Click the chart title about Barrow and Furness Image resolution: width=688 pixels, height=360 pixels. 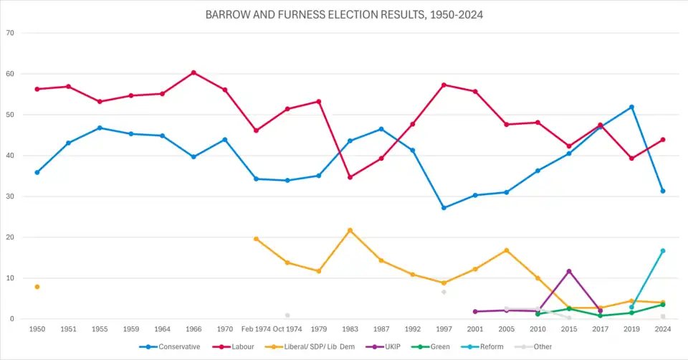[343, 14]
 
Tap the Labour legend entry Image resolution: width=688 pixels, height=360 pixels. [239, 346]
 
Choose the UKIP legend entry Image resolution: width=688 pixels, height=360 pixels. [389, 346]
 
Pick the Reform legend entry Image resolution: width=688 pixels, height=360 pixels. [489, 346]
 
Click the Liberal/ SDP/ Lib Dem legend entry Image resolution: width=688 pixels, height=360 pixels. [313, 346]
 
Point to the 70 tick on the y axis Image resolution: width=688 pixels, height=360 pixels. [10, 33]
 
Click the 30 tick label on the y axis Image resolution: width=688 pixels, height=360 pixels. [10, 196]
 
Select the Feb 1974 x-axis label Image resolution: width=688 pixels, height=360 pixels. [256, 329]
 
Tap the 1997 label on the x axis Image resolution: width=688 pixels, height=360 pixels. [444, 329]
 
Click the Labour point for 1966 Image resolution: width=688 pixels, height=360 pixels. [193, 72]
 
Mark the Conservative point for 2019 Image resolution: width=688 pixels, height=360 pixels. [631, 107]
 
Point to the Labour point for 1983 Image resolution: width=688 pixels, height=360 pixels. [350, 177]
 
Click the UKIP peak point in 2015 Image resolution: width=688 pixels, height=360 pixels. [569, 271]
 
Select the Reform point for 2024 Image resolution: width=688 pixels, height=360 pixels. [663, 251]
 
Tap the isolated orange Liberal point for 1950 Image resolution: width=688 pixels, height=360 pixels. [37, 287]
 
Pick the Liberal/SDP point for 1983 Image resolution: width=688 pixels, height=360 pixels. [350, 230]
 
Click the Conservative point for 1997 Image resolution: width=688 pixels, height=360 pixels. [444, 208]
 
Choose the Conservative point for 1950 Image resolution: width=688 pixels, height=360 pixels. [37, 172]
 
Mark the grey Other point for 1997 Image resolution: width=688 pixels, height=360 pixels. [444, 292]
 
